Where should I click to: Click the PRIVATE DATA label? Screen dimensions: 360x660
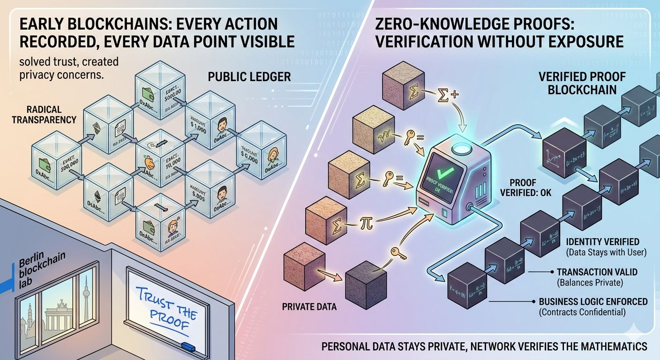pos(310,307)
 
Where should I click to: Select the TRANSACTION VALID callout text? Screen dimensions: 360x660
pos(597,272)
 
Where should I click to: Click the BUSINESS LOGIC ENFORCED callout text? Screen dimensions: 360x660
pos(593,302)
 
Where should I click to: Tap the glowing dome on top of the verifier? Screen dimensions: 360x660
pos(464,135)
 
